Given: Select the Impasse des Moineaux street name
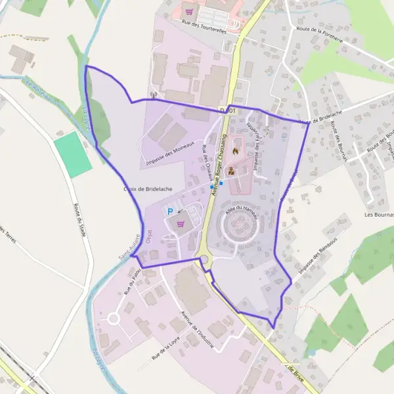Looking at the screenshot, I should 171,153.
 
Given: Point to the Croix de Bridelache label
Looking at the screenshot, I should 148,189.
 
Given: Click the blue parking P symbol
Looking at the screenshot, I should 170,211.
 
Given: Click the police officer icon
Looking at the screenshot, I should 230,171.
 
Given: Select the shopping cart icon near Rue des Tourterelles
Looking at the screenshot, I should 190,11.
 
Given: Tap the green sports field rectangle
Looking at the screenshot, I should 73,154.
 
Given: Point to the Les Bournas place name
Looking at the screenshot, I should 380,215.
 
